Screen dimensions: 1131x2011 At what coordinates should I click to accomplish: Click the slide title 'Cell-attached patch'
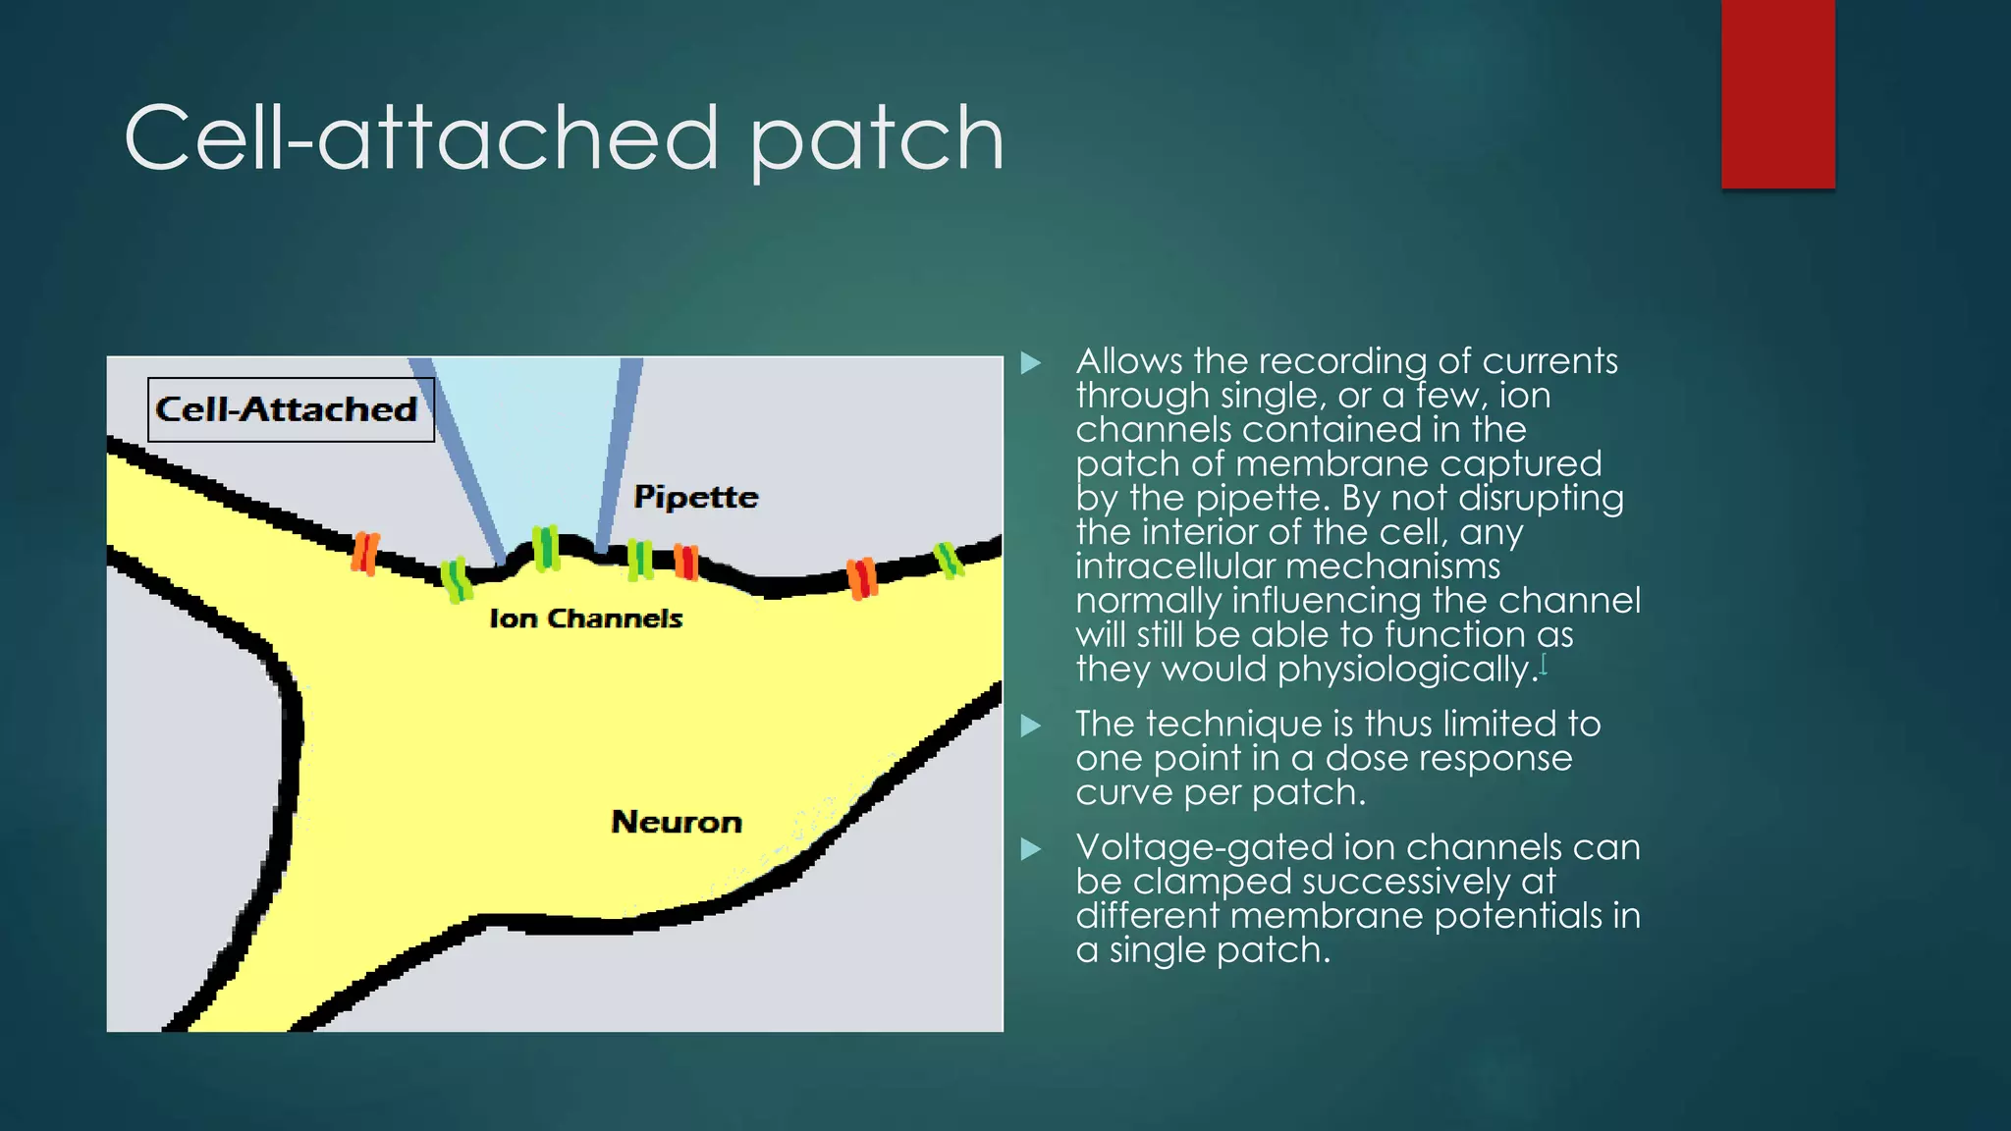[564, 138]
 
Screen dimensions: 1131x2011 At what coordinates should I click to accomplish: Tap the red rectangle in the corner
[1777, 94]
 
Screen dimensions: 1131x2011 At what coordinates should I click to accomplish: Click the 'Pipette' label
[695, 497]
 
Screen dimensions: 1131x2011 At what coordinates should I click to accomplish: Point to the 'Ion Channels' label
[585, 619]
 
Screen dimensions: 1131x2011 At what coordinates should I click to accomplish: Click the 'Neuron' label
[676, 822]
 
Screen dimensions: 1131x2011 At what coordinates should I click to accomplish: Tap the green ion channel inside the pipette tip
[546, 548]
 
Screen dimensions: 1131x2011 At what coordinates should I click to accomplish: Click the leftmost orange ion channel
[365, 553]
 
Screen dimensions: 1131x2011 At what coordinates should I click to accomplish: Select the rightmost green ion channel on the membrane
[948, 560]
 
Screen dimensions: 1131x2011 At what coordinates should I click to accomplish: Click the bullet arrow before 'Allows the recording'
[1030, 363]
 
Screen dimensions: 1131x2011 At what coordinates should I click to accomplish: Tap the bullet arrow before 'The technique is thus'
[1030, 726]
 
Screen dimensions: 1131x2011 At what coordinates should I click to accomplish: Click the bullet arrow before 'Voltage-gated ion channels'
[1030, 849]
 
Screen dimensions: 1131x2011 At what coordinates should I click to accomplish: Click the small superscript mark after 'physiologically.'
[1544, 665]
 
